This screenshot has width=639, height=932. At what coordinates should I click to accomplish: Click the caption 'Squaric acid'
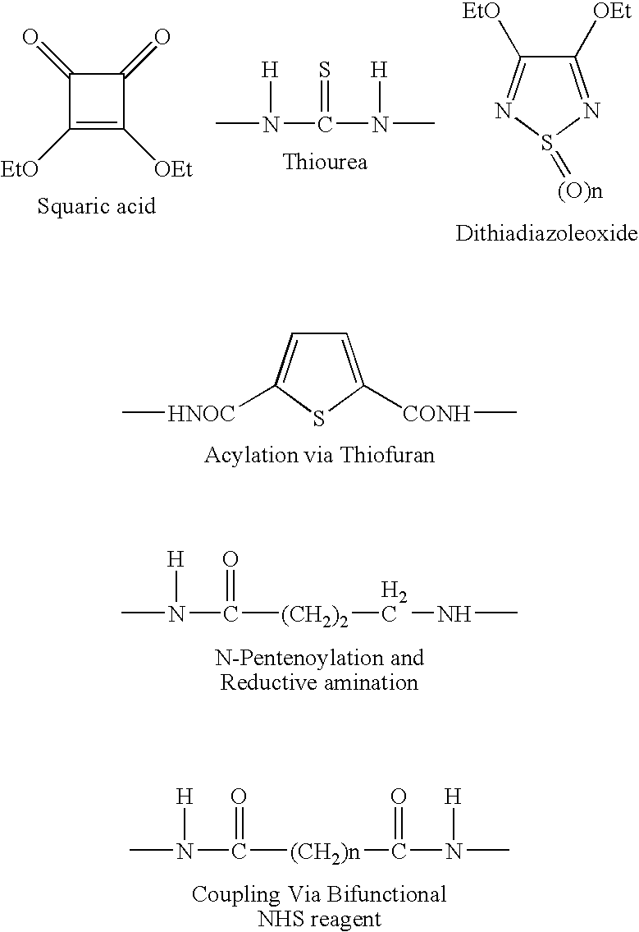pyautogui.click(x=96, y=206)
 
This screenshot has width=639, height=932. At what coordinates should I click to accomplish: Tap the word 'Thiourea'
pyautogui.click(x=324, y=162)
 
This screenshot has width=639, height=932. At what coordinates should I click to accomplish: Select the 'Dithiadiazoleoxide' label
pyautogui.click(x=546, y=233)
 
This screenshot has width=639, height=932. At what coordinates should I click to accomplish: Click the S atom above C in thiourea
pyautogui.click(x=324, y=70)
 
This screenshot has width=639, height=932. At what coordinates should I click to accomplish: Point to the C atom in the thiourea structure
pyautogui.click(x=325, y=124)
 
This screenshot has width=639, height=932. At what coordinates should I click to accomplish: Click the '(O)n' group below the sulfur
pyautogui.click(x=580, y=191)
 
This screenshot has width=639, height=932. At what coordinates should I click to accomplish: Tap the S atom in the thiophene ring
pyautogui.click(x=319, y=419)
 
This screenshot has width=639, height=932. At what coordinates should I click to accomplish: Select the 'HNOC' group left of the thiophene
pyautogui.click(x=201, y=414)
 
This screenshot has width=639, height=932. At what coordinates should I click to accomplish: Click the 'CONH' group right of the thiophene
pyautogui.click(x=436, y=414)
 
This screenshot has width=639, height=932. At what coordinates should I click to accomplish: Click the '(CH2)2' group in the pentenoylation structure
pyautogui.click(x=315, y=615)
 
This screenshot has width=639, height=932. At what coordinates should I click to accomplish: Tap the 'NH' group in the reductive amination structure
pyautogui.click(x=454, y=614)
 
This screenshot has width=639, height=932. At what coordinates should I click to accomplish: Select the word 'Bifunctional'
pyautogui.click(x=386, y=894)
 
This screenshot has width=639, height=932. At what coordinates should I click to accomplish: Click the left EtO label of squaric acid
pyautogui.click(x=19, y=169)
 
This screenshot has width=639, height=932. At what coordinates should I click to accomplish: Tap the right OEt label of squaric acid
pyautogui.click(x=173, y=169)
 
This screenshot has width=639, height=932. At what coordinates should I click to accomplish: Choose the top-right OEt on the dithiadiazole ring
pyautogui.click(x=612, y=11)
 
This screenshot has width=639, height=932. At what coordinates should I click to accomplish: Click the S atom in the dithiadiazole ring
pyautogui.click(x=547, y=143)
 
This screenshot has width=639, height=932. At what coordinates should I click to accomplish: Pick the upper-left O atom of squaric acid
pyautogui.click(x=30, y=38)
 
